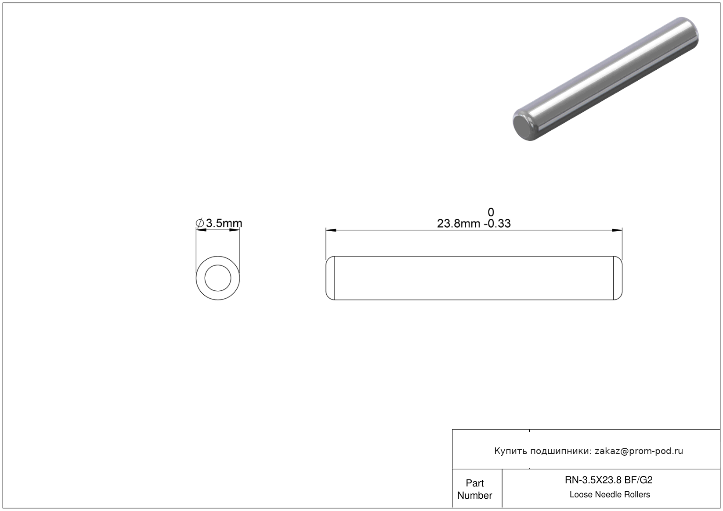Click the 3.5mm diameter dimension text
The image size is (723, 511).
tap(224, 223)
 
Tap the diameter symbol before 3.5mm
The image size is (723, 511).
tap(200, 223)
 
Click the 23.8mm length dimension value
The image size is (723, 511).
tap(458, 223)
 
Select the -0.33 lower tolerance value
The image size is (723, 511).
tap(497, 223)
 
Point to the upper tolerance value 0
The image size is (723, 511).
tap(491, 212)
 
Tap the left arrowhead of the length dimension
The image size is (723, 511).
tap(331, 230)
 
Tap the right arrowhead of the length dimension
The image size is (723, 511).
tap(617, 230)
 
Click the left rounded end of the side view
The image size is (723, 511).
tap(330, 278)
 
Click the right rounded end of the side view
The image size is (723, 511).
tap(618, 278)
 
